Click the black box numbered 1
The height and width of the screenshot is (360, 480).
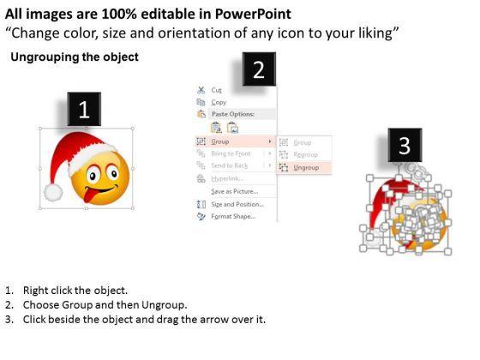point(84,109)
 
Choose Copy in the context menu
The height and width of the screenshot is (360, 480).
point(219,102)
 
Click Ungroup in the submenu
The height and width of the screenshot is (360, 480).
point(306,168)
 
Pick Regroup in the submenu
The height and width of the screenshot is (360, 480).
point(306,154)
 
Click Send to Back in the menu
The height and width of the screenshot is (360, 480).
point(230,165)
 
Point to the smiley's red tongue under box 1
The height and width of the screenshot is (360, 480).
point(90,199)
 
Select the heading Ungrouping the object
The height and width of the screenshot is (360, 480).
point(75,57)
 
